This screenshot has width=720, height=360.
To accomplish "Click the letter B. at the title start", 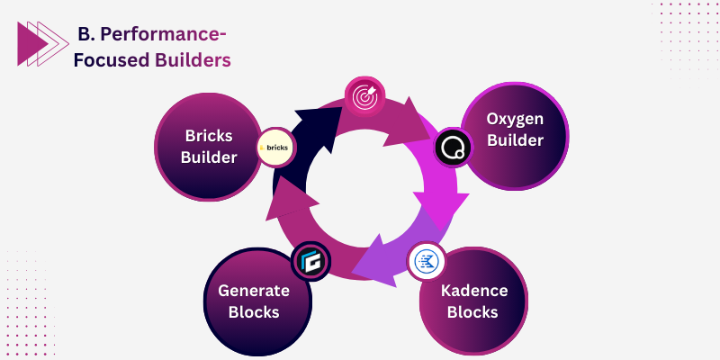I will tap(86, 34).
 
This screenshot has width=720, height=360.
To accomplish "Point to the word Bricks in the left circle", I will tap(209, 136).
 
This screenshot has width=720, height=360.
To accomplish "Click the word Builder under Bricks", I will tap(209, 157).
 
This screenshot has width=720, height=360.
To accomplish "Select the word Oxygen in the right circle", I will tap(515, 120).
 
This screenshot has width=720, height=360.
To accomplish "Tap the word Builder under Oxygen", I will tap(515, 141).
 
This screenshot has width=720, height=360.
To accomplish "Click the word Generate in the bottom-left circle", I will tap(253, 291).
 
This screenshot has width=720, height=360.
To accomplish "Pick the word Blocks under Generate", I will tap(253, 312).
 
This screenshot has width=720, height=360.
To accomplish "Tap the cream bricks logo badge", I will tap(276, 147).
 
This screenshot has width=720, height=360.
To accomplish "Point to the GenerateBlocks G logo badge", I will tap(311, 262).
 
